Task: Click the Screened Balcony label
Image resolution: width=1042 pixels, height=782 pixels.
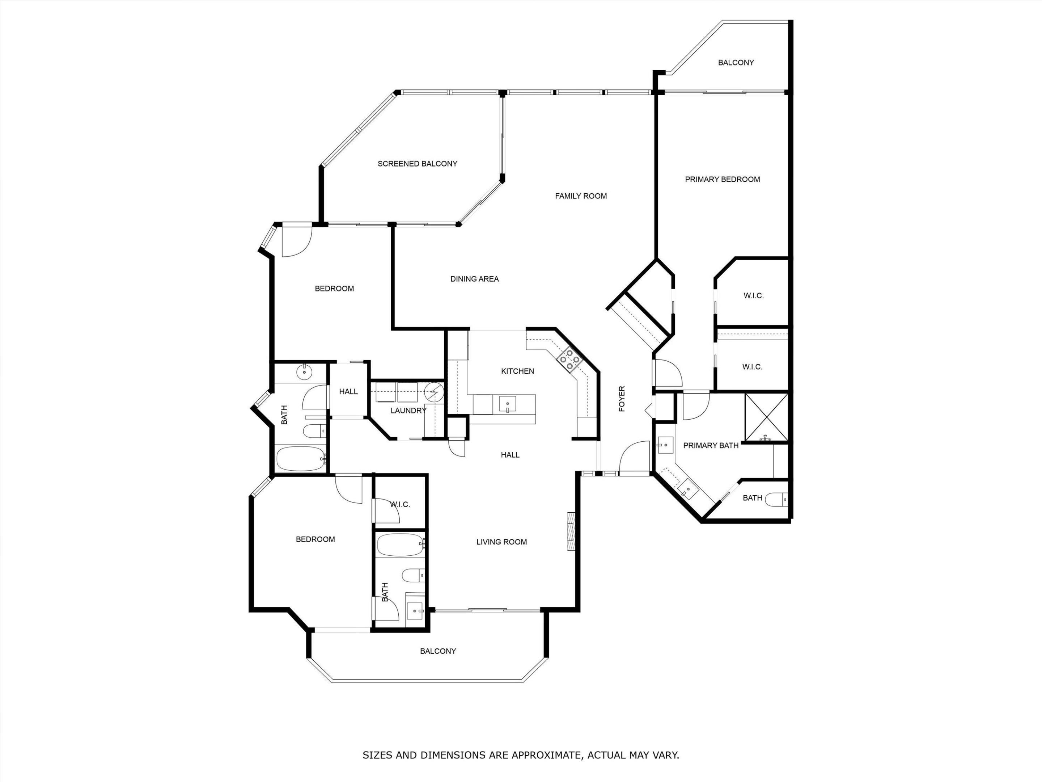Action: tap(418, 164)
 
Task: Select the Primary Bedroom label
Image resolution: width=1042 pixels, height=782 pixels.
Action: tap(722, 179)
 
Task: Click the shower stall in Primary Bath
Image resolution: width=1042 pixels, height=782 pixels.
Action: tap(766, 417)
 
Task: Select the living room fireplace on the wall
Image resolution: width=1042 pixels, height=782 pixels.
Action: tap(571, 531)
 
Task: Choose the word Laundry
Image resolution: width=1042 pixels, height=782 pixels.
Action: tap(408, 411)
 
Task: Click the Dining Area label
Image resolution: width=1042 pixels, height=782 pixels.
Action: tap(474, 279)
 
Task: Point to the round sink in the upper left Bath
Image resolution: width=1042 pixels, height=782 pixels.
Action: tap(305, 372)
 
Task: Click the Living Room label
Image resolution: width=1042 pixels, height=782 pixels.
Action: tap(501, 542)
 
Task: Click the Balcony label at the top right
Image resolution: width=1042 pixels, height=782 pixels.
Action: tap(736, 63)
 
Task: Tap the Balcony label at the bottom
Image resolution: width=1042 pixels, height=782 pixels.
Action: tap(438, 651)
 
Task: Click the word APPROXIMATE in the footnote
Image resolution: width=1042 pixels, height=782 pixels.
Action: tap(546, 755)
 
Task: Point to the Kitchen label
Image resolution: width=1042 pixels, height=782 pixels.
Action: tap(517, 371)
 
